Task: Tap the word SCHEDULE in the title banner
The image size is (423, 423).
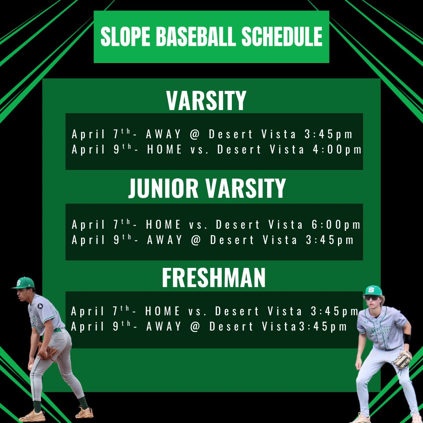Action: (282, 37)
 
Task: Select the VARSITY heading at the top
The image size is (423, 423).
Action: (206, 101)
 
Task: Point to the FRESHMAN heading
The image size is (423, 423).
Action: (214, 278)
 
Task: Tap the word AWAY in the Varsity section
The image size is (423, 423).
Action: (164, 135)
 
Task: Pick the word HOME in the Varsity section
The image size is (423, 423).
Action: (164, 150)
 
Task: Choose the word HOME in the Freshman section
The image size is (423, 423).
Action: (163, 312)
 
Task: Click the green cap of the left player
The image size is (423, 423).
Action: (24, 283)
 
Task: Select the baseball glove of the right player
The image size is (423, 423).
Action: (402, 360)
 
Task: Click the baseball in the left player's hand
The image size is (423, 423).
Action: (31, 367)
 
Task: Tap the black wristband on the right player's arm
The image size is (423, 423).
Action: (407, 339)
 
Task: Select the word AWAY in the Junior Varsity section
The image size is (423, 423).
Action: (164, 240)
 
